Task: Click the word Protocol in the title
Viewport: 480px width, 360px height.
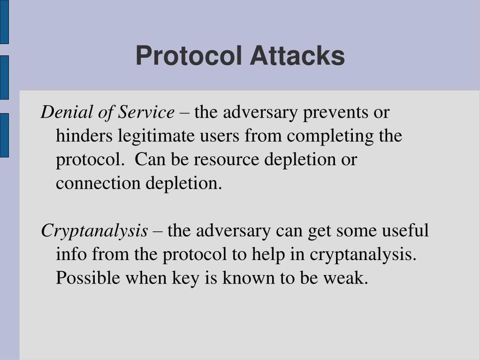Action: pyautogui.click(x=190, y=56)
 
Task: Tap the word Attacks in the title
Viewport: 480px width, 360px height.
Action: pyautogui.click(x=297, y=56)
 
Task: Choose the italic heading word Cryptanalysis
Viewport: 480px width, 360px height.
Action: pyautogui.click(x=94, y=231)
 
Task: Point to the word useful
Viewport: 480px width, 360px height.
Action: pyautogui.click(x=405, y=231)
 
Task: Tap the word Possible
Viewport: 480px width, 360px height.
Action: pyautogui.click(x=88, y=278)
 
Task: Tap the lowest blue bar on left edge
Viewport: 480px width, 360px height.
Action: pyautogui.click(x=4, y=135)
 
